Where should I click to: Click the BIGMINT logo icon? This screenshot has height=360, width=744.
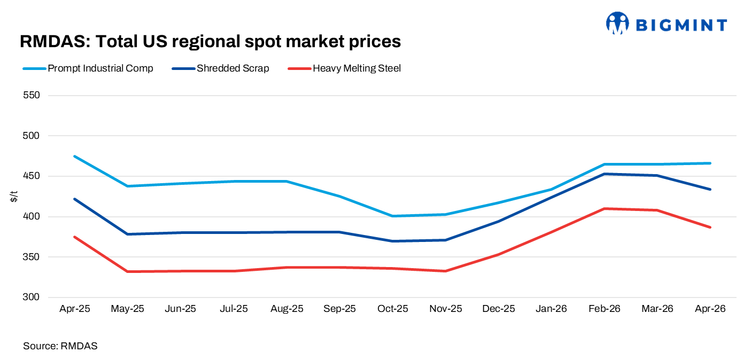point(617,24)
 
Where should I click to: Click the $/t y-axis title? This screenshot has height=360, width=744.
point(14,197)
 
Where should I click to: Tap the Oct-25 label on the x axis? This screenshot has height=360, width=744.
point(393,309)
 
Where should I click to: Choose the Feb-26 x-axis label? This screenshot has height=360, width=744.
point(604,309)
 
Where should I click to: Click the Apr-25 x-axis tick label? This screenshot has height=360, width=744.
point(75,309)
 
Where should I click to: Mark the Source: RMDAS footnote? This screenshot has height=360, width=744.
point(60,346)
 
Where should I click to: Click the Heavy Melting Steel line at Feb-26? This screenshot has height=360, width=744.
point(604,208)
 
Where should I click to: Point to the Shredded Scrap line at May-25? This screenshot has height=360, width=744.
point(128,234)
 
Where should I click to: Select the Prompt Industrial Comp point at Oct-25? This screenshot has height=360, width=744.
point(393,216)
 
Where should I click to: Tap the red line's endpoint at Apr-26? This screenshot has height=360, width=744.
point(710,227)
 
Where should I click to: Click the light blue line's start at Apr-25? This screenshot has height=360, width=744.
point(75,156)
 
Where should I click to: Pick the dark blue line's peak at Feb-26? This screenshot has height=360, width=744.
point(604,174)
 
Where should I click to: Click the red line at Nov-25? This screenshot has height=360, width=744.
point(446,271)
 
